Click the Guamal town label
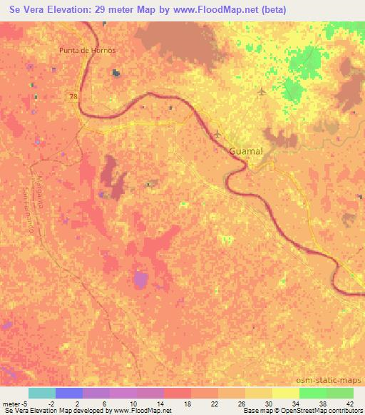pyautogui.click(x=247, y=152)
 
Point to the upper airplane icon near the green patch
pyautogui.click(x=261, y=91)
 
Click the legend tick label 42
pyautogui.click(x=349, y=404)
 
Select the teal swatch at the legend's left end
pyautogui.click(x=42, y=393)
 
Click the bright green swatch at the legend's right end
pyautogui.click(x=339, y=393)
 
